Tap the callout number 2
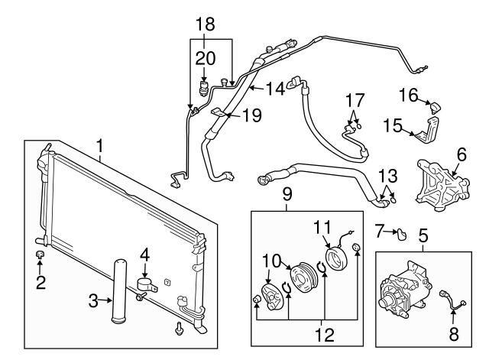pos(41,283)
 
